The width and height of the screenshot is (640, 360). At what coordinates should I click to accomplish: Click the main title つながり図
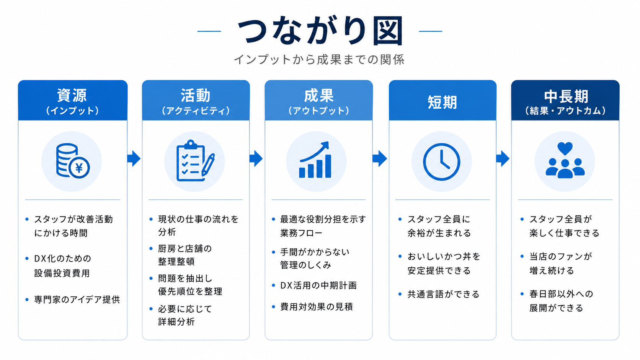tap(320, 31)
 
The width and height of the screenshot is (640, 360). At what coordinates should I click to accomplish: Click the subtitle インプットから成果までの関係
tap(319, 59)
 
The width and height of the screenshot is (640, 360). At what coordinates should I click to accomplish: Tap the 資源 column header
tap(73, 100)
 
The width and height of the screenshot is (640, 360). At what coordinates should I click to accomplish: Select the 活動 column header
tap(196, 100)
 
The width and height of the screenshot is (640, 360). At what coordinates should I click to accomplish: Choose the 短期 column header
tap(442, 100)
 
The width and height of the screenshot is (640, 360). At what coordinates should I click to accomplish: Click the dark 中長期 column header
tap(565, 100)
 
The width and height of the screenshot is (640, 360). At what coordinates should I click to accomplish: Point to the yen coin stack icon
tap(73, 161)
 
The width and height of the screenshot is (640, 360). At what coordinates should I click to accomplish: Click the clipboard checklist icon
tap(196, 161)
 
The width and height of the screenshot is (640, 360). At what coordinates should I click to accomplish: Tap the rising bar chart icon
tap(315, 160)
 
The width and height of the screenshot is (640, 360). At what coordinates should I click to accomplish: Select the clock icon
tap(441, 162)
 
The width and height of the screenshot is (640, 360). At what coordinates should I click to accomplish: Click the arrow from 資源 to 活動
tap(134, 158)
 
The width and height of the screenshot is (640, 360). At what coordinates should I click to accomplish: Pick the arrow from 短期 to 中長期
tap(503, 158)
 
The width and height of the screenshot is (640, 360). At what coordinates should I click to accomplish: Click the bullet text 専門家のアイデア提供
tap(77, 300)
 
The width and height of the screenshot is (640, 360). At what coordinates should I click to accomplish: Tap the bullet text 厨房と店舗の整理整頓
tap(185, 255)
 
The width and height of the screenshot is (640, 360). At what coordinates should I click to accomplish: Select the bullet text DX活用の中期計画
tap(318, 285)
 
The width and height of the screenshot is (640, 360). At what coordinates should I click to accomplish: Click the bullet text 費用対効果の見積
tap(317, 307)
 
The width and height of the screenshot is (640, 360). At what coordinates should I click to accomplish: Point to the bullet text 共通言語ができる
tap(443, 294)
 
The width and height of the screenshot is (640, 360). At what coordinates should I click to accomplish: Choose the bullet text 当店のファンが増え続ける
tap(560, 264)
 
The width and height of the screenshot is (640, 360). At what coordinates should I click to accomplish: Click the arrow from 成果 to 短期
tap(380, 158)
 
